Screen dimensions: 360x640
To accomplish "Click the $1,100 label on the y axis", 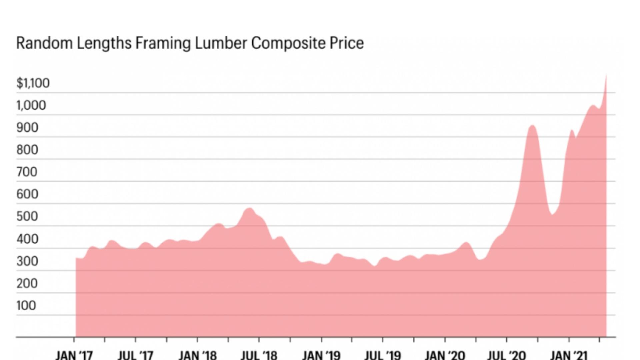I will (x=33, y=83).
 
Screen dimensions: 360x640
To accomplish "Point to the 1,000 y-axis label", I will (x=31, y=105).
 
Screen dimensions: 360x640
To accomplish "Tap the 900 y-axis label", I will (x=27, y=128).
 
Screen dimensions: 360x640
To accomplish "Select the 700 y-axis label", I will (x=27, y=172).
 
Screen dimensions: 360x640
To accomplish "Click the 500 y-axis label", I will (x=27, y=217).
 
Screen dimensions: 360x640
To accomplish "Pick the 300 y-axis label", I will (x=27, y=261).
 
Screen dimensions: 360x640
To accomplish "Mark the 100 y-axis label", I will (x=26, y=305).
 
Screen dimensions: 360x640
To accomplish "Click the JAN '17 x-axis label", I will (x=74, y=355).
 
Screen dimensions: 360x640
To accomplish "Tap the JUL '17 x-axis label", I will (x=135, y=355).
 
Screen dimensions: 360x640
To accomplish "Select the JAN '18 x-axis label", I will (x=197, y=355).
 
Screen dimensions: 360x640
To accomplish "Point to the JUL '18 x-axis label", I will (x=259, y=355).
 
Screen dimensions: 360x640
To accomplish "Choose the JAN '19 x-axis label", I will (x=321, y=355).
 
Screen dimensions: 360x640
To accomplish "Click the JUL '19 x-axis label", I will (x=383, y=355).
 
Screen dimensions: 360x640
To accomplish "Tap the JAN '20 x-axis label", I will (x=445, y=355).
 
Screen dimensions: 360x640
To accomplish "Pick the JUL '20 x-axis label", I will (x=506, y=355).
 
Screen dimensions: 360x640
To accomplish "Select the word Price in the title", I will (x=347, y=43).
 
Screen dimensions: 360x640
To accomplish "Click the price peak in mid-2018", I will (x=249, y=208).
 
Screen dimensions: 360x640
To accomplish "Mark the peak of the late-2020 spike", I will (x=532, y=125).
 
